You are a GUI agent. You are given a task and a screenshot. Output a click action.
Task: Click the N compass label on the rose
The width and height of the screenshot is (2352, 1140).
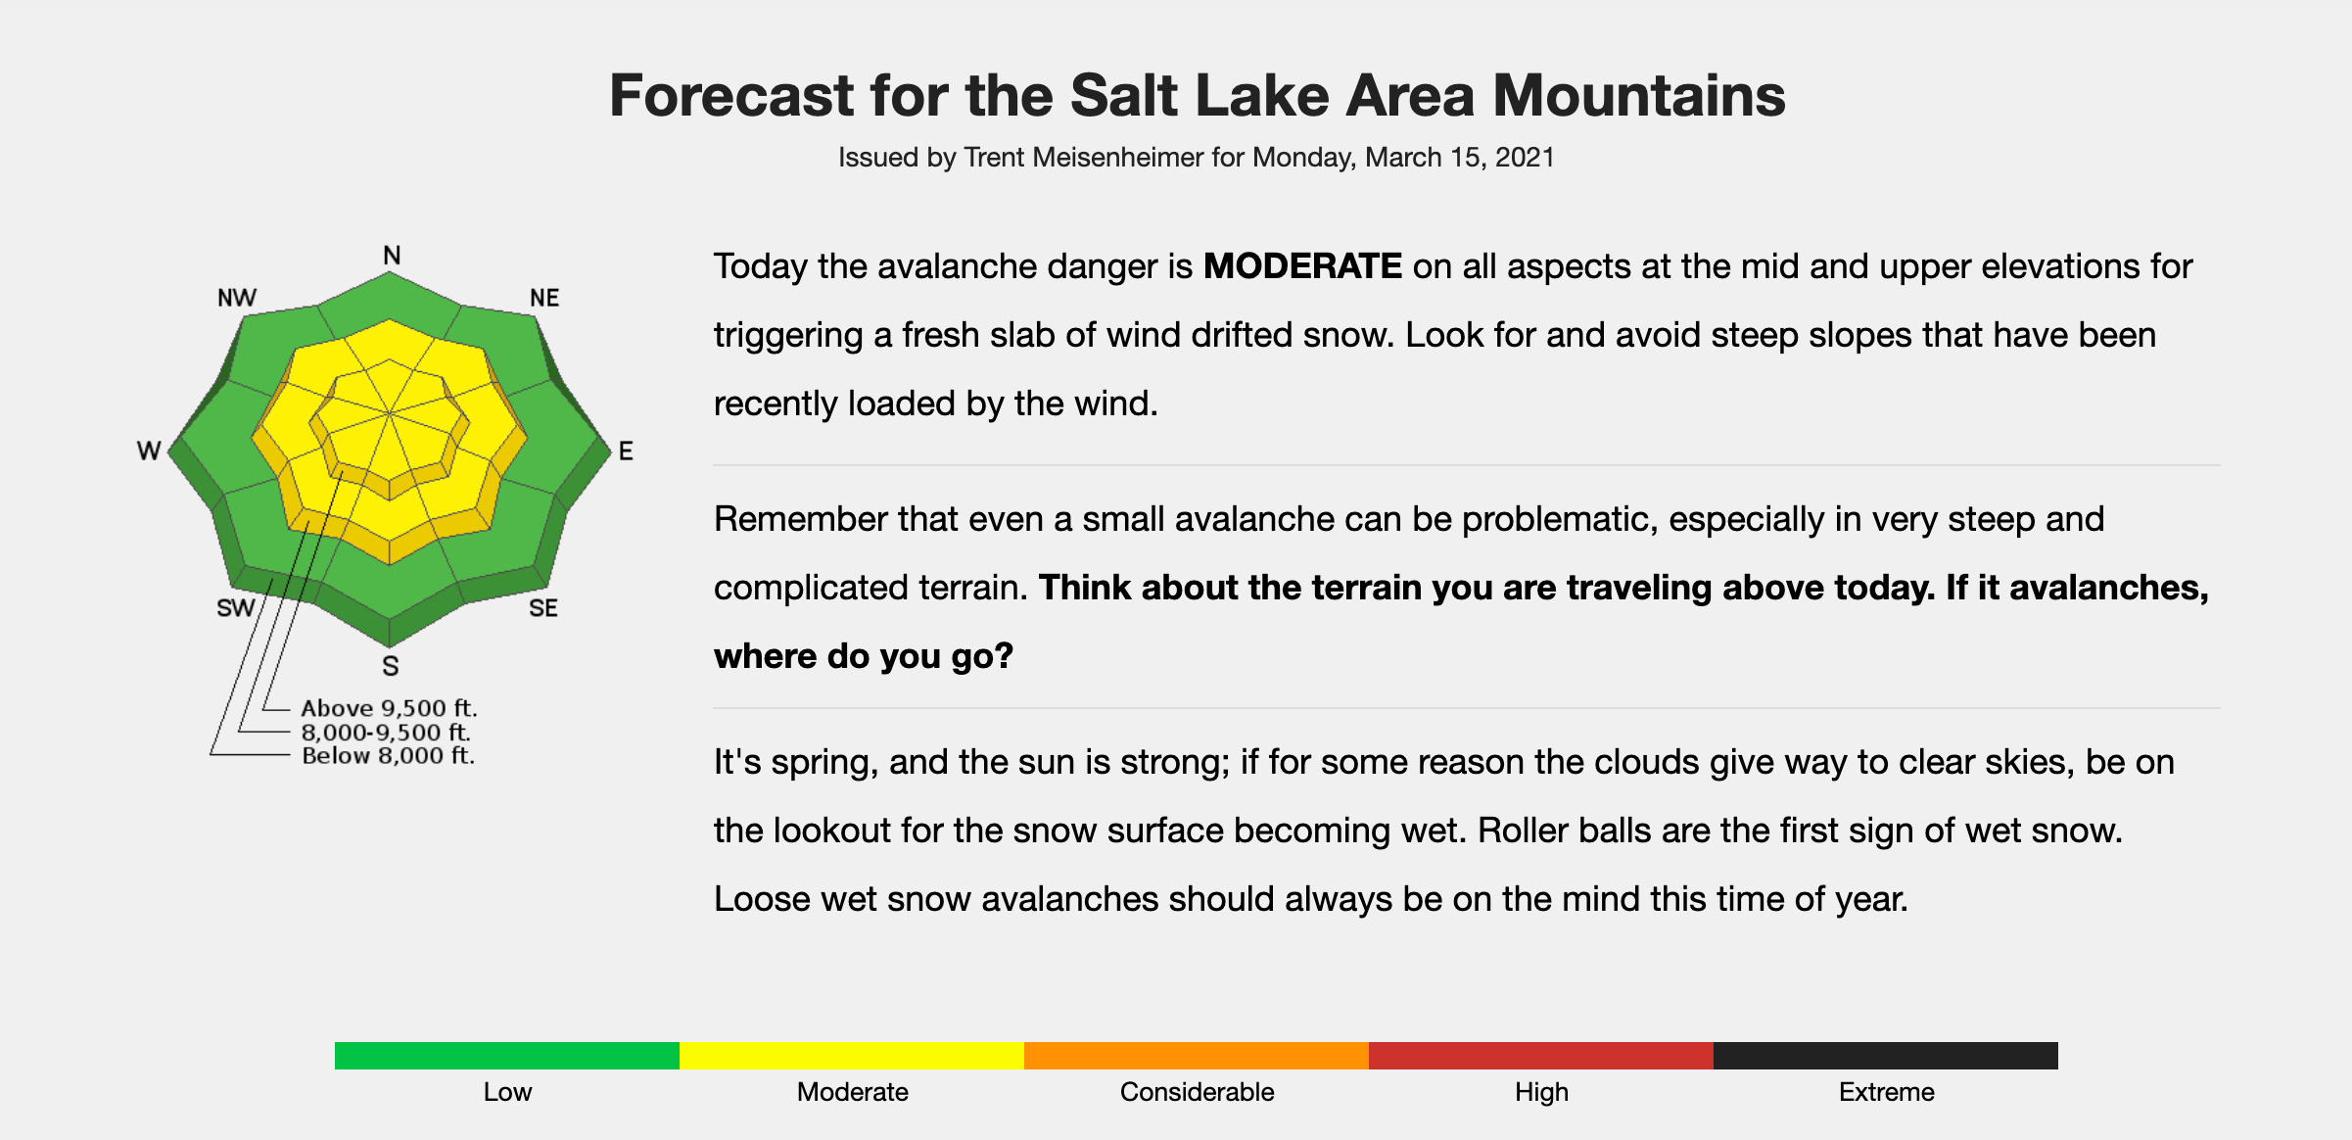(392, 256)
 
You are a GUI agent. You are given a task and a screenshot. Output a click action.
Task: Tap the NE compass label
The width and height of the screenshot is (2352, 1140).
(544, 298)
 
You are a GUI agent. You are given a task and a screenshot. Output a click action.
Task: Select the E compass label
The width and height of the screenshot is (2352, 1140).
(626, 451)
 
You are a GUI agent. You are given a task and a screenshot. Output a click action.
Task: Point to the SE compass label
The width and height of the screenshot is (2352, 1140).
(543, 608)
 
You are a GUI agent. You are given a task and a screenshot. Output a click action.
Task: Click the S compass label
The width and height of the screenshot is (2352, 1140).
(391, 666)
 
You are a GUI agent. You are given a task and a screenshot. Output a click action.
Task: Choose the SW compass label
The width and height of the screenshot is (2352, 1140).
(235, 608)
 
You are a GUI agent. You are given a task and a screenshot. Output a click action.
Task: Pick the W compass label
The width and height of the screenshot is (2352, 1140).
(149, 451)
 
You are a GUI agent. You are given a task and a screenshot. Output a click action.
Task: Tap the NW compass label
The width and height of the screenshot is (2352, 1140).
(237, 298)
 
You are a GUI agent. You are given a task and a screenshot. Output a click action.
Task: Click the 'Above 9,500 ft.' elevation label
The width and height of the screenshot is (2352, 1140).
(389, 708)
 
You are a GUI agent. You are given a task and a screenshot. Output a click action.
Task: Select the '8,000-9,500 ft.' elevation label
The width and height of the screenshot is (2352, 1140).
(386, 733)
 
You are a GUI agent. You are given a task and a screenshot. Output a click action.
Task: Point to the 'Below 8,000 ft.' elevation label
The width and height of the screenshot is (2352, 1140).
(388, 756)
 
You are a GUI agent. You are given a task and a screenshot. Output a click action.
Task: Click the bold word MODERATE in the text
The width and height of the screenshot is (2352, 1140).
(1302, 266)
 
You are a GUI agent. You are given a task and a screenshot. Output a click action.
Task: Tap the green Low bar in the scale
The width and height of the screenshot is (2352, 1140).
(507, 1056)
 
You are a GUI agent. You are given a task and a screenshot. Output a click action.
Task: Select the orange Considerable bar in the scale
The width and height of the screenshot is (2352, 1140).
(1197, 1056)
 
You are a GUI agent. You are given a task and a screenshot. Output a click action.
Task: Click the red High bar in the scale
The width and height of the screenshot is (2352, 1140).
(1541, 1056)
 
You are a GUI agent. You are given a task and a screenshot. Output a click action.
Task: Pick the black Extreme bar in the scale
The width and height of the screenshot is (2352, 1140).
(1886, 1056)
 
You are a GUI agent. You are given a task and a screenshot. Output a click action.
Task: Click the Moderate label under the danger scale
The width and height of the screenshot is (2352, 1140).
(853, 1092)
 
